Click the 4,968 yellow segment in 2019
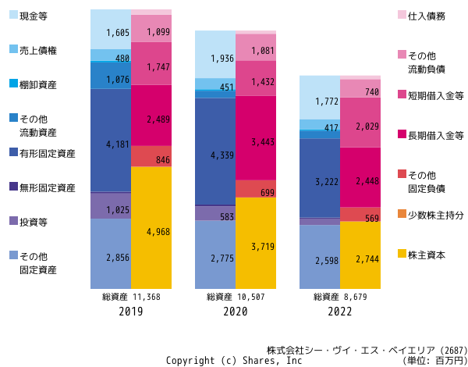tap(151, 228)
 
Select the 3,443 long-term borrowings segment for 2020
tap(256, 138)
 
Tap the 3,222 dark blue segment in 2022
tap(320, 178)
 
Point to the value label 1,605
tap(118, 33)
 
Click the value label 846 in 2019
tap(163, 160)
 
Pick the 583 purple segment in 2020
tap(215, 213)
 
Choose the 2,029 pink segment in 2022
tap(360, 123)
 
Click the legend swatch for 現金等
tap(14, 15)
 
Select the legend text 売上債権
tap(38, 51)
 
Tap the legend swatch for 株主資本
tap(402, 254)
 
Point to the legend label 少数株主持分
tap(436, 216)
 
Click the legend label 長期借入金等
tap(436, 136)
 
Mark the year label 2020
tap(236, 312)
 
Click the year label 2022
tap(340, 312)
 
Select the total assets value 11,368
tap(147, 297)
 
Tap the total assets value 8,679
tap(356, 297)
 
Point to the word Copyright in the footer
tap(190, 361)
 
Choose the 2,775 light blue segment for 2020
tap(215, 255)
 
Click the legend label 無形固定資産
tap(48, 188)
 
